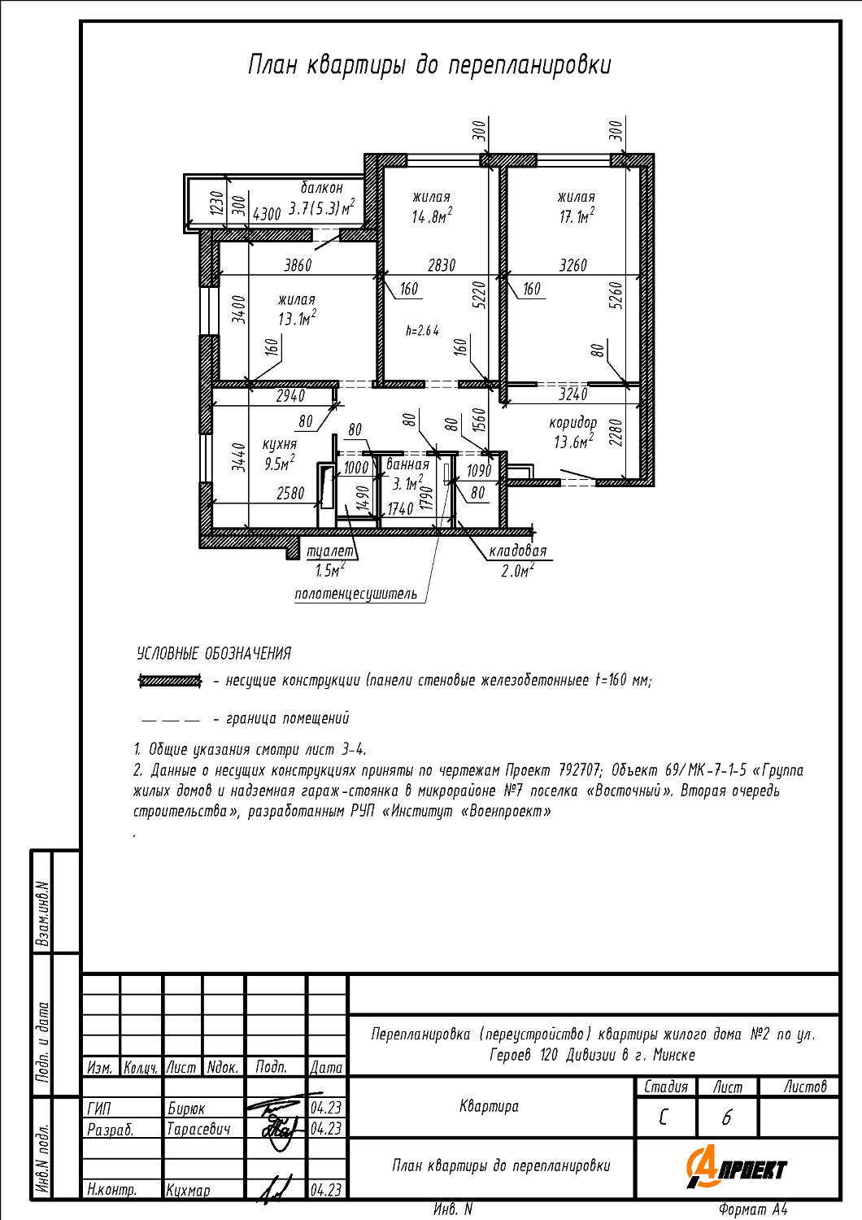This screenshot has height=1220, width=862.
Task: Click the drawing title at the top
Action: click(x=429, y=65)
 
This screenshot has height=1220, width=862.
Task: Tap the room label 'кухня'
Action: click(x=279, y=444)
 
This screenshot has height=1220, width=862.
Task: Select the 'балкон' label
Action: click(x=322, y=188)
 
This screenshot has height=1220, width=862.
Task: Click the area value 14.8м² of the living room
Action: click(x=431, y=216)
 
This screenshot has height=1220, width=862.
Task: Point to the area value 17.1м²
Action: click(x=576, y=216)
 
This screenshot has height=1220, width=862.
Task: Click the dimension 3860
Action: click(x=298, y=265)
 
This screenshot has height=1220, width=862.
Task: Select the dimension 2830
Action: click(x=442, y=265)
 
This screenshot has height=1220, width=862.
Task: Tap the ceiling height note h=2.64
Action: click(x=422, y=331)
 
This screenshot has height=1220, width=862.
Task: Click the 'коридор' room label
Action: click(x=572, y=423)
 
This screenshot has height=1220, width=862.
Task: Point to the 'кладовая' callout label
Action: click(x=518, y=551)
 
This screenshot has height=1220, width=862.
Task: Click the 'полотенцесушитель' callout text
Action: click(x=356, y=594)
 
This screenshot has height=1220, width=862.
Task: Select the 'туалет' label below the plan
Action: click(x=330, y=551)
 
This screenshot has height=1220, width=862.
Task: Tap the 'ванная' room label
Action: click(x=407, y=464)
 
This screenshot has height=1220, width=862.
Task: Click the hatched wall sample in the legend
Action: click(x=170, y=681)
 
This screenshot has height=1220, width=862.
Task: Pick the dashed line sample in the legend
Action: click(x=170, y=720)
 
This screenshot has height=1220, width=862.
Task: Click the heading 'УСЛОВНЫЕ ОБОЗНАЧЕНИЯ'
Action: click(x=214, y=653)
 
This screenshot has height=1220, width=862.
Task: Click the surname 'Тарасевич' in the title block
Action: click(x=198, y=1129)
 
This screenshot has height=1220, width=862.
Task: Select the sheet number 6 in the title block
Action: click(x=727, y=1118)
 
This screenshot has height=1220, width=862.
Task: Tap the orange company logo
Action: click(x=736, y=1169)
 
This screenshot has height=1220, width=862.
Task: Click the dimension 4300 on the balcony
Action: click(x=267, y=214)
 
